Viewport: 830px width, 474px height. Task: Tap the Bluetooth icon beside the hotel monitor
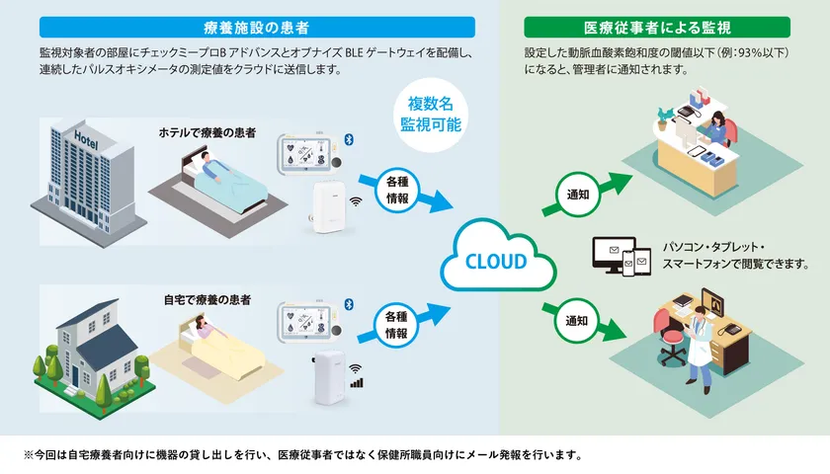point(349,139)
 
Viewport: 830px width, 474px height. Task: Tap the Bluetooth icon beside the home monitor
point(349,303)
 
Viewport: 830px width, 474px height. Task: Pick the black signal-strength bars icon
point(356,381)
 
